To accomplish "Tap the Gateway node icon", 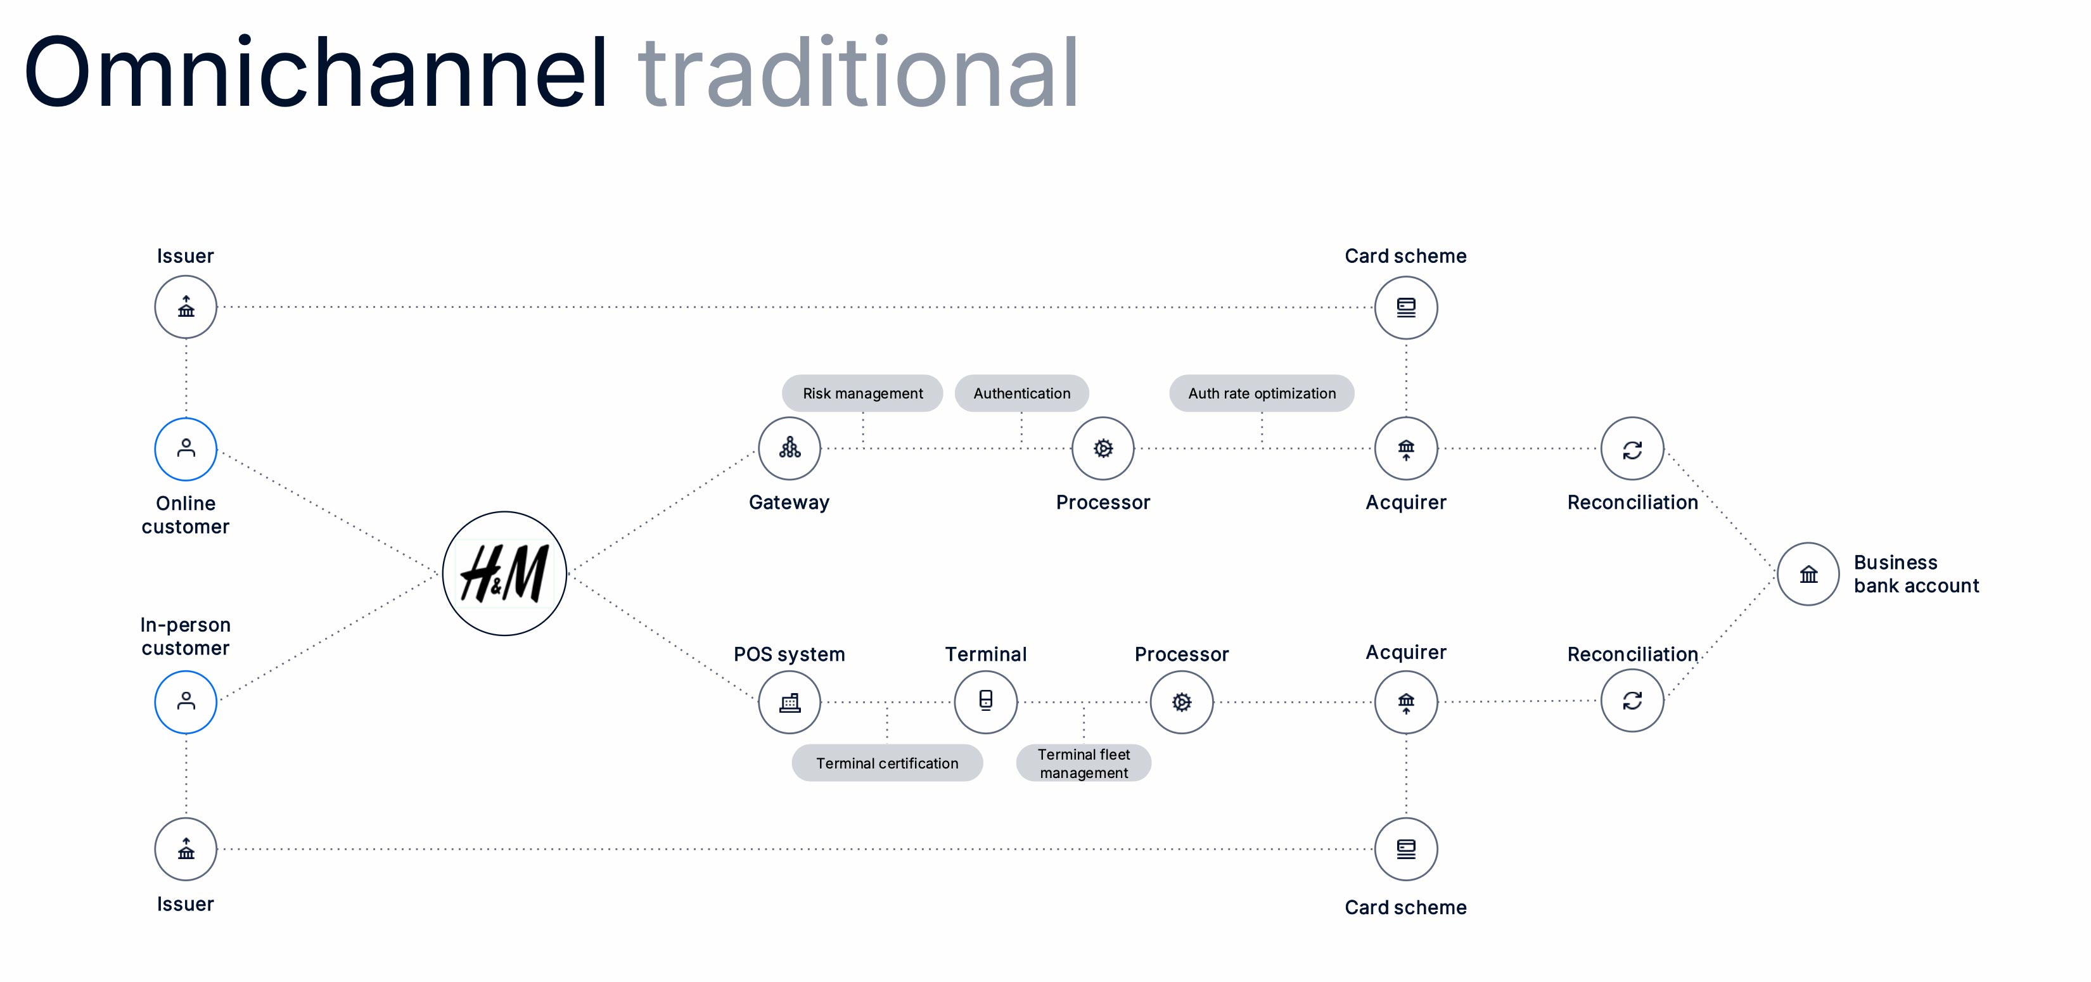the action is (789, 448).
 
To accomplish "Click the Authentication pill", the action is (1021, 393).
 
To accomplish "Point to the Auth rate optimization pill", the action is (1262, 393).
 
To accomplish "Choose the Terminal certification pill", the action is (887, 763).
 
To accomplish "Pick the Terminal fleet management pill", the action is (1084, 763).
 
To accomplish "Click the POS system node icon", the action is (789, 702).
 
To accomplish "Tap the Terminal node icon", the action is (985, 701).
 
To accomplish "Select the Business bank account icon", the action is (1808, 574).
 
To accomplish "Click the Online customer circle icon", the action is (186, 449).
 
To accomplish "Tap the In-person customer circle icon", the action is (186, 702).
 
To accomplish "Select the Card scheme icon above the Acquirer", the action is (1406, 307).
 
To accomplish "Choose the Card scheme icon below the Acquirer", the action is (1406, 849).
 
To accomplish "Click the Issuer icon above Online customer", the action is (186, 307).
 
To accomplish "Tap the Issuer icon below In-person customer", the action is (186, 849).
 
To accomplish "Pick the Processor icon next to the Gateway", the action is (1103, 448).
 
